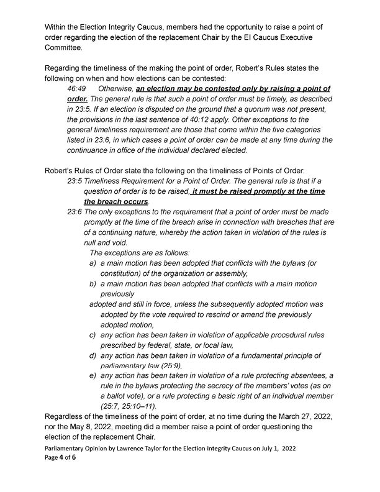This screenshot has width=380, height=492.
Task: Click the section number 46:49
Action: (76, 89)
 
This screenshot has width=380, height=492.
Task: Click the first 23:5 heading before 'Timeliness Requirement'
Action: (74, 181)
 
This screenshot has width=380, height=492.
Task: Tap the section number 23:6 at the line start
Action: (74, 212)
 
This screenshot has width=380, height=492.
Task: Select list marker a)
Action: (93, 263)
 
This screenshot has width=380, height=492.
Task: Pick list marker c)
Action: (93, 335)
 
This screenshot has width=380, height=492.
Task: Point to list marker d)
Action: (93, 355)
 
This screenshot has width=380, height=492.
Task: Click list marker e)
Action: (93, 376)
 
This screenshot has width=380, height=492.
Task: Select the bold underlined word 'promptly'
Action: (269, 191)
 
